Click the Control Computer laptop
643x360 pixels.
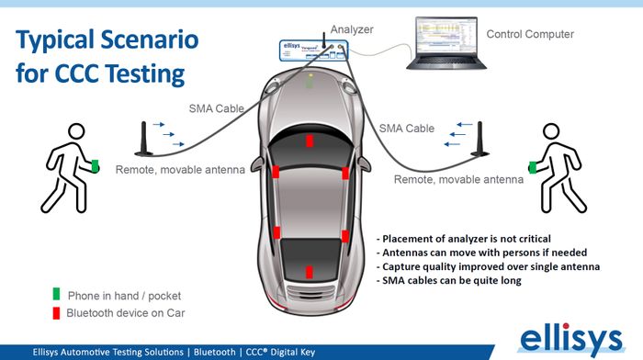[446, 43]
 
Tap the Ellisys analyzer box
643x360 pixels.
[314, 51]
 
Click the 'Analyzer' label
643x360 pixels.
[352, 29]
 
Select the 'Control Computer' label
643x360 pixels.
[530, 34]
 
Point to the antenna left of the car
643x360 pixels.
[144, 139]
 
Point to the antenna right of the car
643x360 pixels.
[479, 139]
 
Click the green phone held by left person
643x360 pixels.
[95, 166]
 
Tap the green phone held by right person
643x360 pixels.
[533, 167]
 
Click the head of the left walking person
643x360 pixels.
[76, 131]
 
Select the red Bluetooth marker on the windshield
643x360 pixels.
[310, 141]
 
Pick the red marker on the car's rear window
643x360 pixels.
[310, 272]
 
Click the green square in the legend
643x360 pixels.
[56, 294]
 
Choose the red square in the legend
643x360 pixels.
[56, 313]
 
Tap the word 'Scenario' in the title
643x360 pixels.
[149, 39]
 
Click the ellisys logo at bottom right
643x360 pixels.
[571, 339]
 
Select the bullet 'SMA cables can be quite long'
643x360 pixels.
[448, 280]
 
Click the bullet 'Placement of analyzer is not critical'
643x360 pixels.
[463, 239]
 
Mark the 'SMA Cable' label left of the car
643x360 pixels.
[217, 108]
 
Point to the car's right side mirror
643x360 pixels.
[364, 163]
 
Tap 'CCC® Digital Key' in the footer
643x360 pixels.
[280, 353]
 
